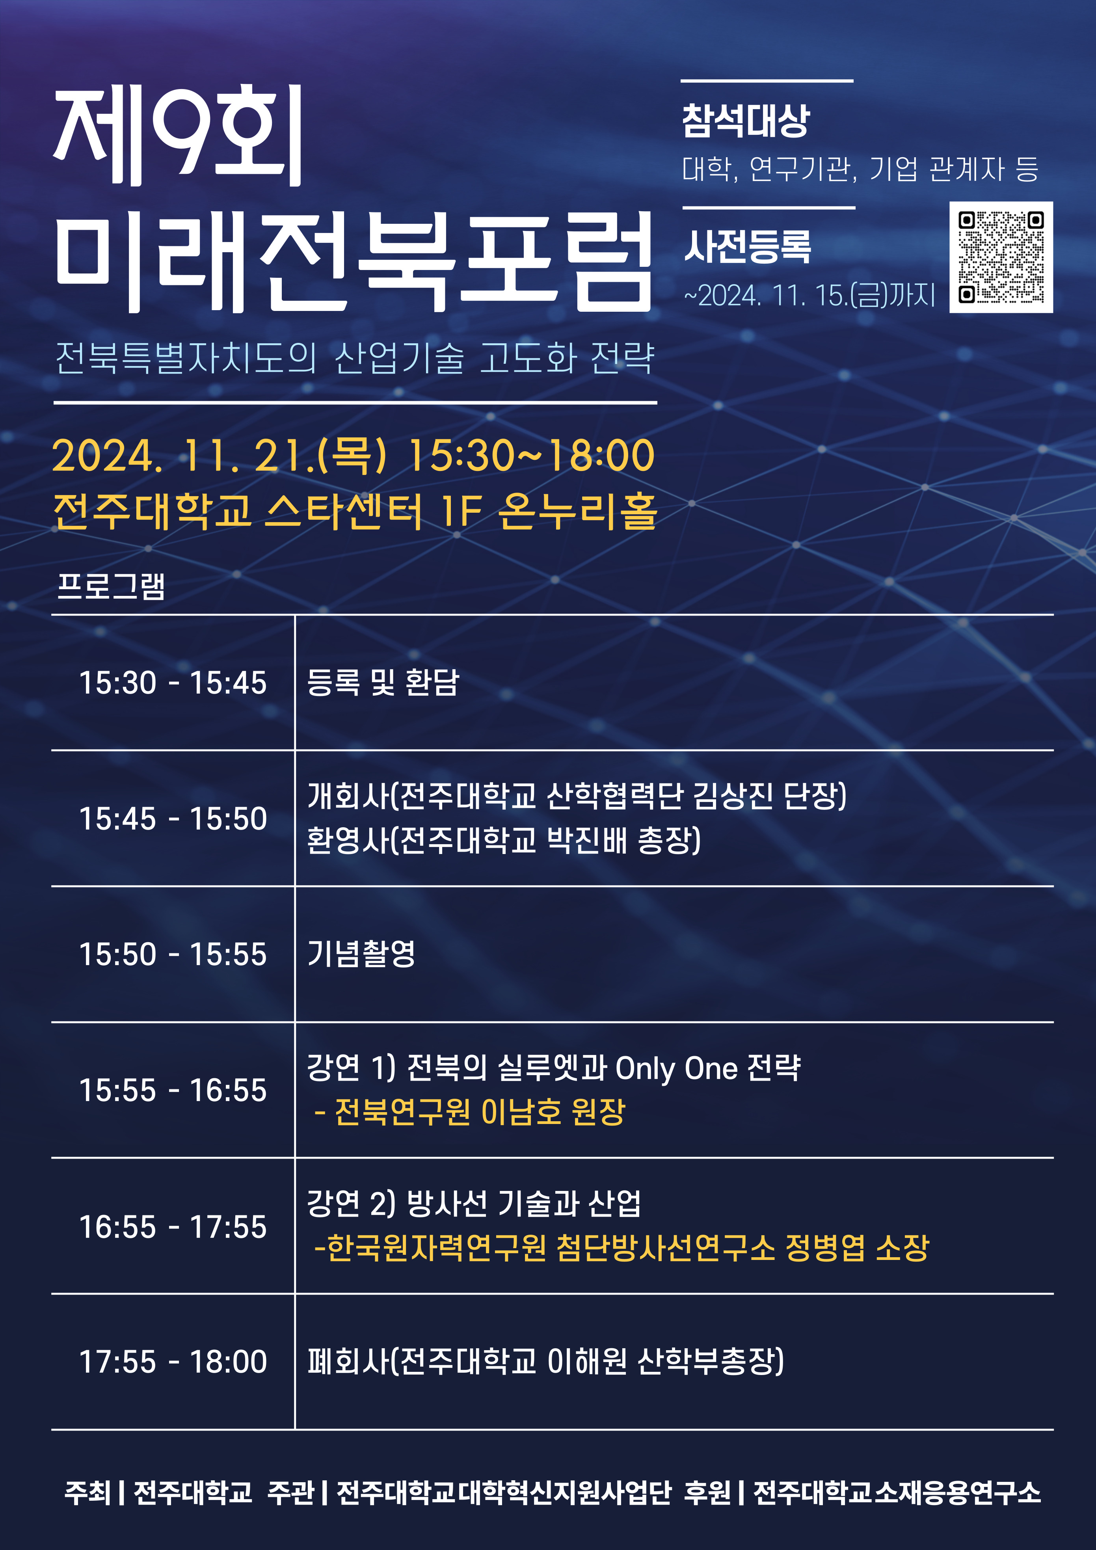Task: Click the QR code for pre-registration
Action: [x=1001, y=257]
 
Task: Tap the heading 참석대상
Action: [x=746, y=121]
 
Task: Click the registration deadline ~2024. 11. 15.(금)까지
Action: [x=809, y=295]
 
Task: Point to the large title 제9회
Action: [x=178, y=136]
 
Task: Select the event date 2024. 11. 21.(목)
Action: [x=220, y=455]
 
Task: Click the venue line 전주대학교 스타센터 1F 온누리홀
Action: [x=355, y=511]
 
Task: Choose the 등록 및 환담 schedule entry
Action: [x=383, y=683]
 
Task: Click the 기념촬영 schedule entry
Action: [x=361, y=954]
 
